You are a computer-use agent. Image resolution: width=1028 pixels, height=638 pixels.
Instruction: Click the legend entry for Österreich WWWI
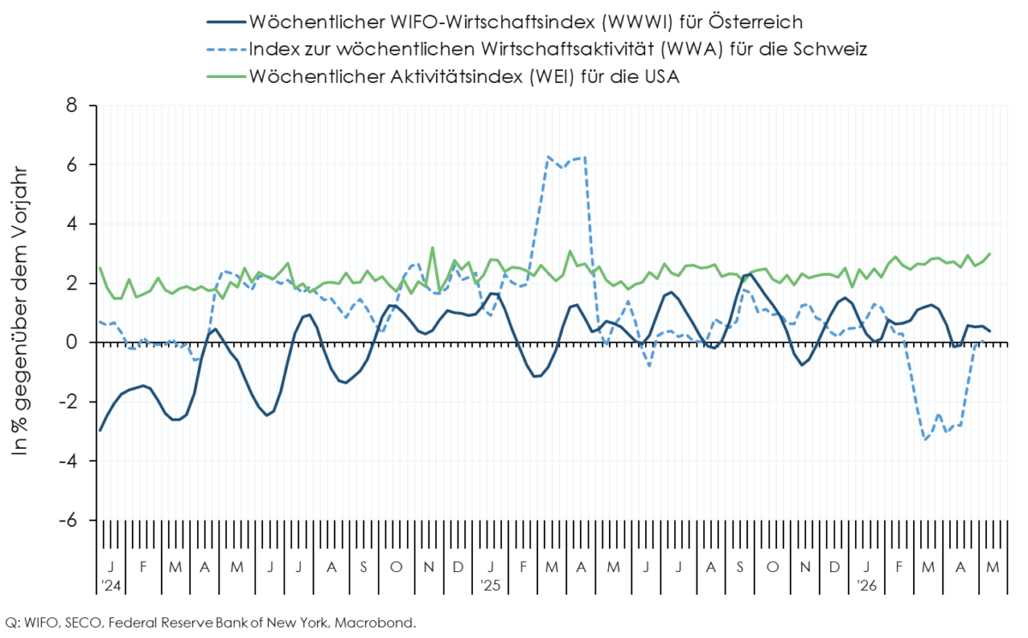coord(505,22)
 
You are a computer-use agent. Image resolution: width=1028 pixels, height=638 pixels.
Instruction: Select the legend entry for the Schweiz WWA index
coord(537,49)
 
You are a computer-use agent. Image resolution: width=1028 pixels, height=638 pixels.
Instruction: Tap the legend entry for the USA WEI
coord(443,76)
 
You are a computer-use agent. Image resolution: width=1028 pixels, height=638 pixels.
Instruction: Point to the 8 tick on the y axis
coord(73,106)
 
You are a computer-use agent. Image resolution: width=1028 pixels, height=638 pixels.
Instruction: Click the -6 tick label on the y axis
coord(68,521)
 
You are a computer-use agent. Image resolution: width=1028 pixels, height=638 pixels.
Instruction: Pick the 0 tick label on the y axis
coord(73,343)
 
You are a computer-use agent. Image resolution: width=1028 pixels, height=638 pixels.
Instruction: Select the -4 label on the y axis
coord(68,461)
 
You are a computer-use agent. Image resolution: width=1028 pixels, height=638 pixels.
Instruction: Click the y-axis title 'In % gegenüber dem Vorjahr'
coord(20,312)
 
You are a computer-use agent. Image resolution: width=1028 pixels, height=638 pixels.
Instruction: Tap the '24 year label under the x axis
coord(111,586)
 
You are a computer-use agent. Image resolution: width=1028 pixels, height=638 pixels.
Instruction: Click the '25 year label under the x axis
coord(491,586)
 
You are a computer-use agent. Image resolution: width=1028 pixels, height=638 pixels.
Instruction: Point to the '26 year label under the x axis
coord(867,586)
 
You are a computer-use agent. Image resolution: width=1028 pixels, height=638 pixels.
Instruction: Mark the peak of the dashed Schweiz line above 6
coord(583,158)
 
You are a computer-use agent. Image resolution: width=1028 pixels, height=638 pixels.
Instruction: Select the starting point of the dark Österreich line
coord(100,430)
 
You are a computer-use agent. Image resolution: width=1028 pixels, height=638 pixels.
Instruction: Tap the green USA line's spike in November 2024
coord(433,247)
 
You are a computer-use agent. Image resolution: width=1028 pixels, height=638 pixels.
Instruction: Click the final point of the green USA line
coord(990,253)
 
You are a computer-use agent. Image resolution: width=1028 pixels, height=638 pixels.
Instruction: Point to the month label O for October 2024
coord(396,568)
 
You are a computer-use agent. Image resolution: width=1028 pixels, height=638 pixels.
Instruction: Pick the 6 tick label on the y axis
coord(73,165)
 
